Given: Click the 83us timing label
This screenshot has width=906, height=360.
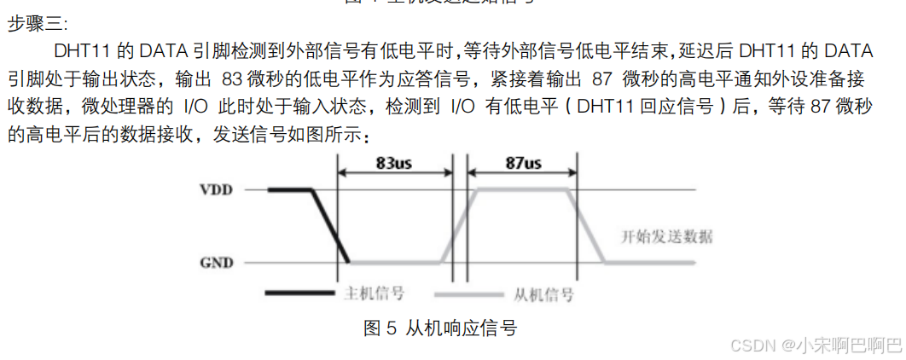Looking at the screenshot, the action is [x=394, y=163].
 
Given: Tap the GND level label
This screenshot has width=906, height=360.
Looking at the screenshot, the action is [x=216, y=262].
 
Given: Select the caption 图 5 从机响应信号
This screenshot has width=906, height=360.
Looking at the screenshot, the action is [x=440, y=328].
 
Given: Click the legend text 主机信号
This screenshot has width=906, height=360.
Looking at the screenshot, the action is [x=373, y=294].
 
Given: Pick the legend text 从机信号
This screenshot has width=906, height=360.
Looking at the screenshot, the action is [x=543, y=294].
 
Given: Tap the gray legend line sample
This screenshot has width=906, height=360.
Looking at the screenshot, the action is [x=469, y=294].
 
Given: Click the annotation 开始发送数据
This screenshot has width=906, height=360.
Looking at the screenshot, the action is [x=667, y=236].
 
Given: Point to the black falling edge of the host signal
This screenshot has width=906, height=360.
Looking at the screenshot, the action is [x=332, y=226].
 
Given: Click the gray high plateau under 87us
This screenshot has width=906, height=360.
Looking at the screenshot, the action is [x=522, y=189].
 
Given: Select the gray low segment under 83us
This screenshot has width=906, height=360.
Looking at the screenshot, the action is [x=397, y=262].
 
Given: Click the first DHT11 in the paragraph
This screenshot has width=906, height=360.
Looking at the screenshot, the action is [x=82, y=50].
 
